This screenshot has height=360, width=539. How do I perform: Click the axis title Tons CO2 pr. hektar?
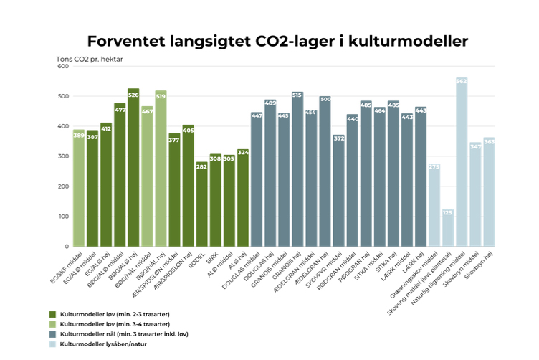coord(90,57)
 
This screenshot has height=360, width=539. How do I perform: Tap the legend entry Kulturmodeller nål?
coord(118,335)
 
